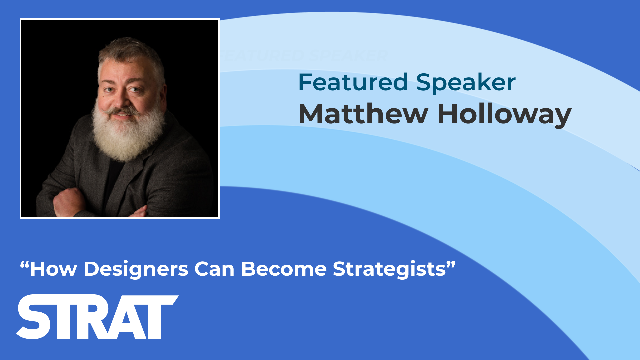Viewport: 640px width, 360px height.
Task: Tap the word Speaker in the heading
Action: click(x=466, y=83)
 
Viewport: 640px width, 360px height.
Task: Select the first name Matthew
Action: click(x=363, y=114)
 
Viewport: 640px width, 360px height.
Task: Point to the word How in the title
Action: click(x=53, y=269)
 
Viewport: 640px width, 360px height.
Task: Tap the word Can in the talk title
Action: click(x=215, y=269)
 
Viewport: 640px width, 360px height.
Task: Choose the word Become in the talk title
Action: click(x=284, y=269)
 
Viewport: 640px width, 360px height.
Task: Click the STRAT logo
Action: click(x=97, y=317)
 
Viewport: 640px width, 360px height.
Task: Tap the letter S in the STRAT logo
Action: click(x=34, y=317)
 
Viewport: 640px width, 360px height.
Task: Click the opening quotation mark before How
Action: click(x=24, y=265)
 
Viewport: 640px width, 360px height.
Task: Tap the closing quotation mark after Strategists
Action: click(x=451, y=265)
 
